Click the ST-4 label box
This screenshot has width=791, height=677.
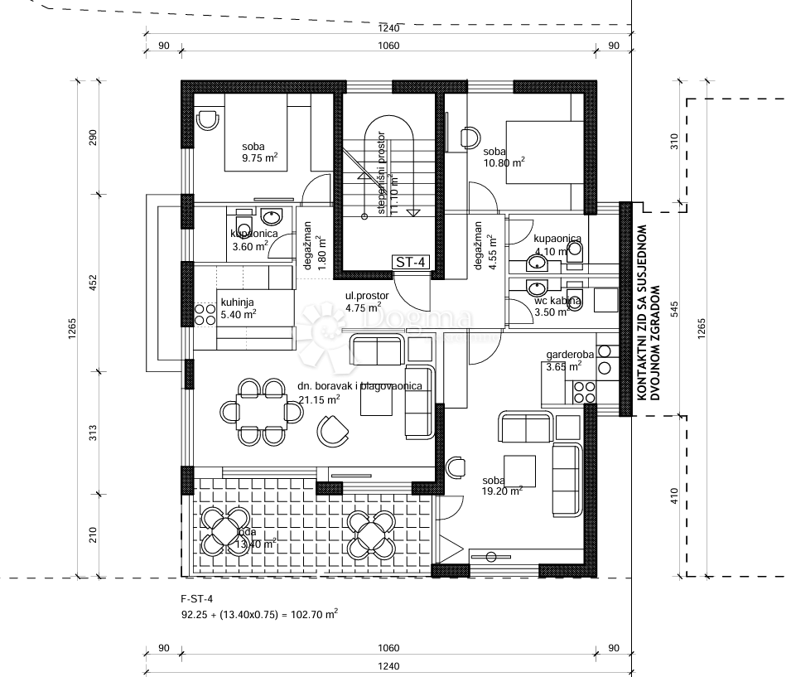click(412, 263)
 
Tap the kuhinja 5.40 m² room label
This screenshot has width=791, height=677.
click(237, 308)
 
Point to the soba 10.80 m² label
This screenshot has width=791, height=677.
click(504, 157)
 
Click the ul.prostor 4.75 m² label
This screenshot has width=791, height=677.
click(363, 302)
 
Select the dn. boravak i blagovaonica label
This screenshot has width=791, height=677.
click(360, 386)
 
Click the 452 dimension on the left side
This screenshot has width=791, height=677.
click(93, 283)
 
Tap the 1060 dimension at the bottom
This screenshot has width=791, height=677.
click(388, 648)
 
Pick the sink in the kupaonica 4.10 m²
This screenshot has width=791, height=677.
click(537, 264)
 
